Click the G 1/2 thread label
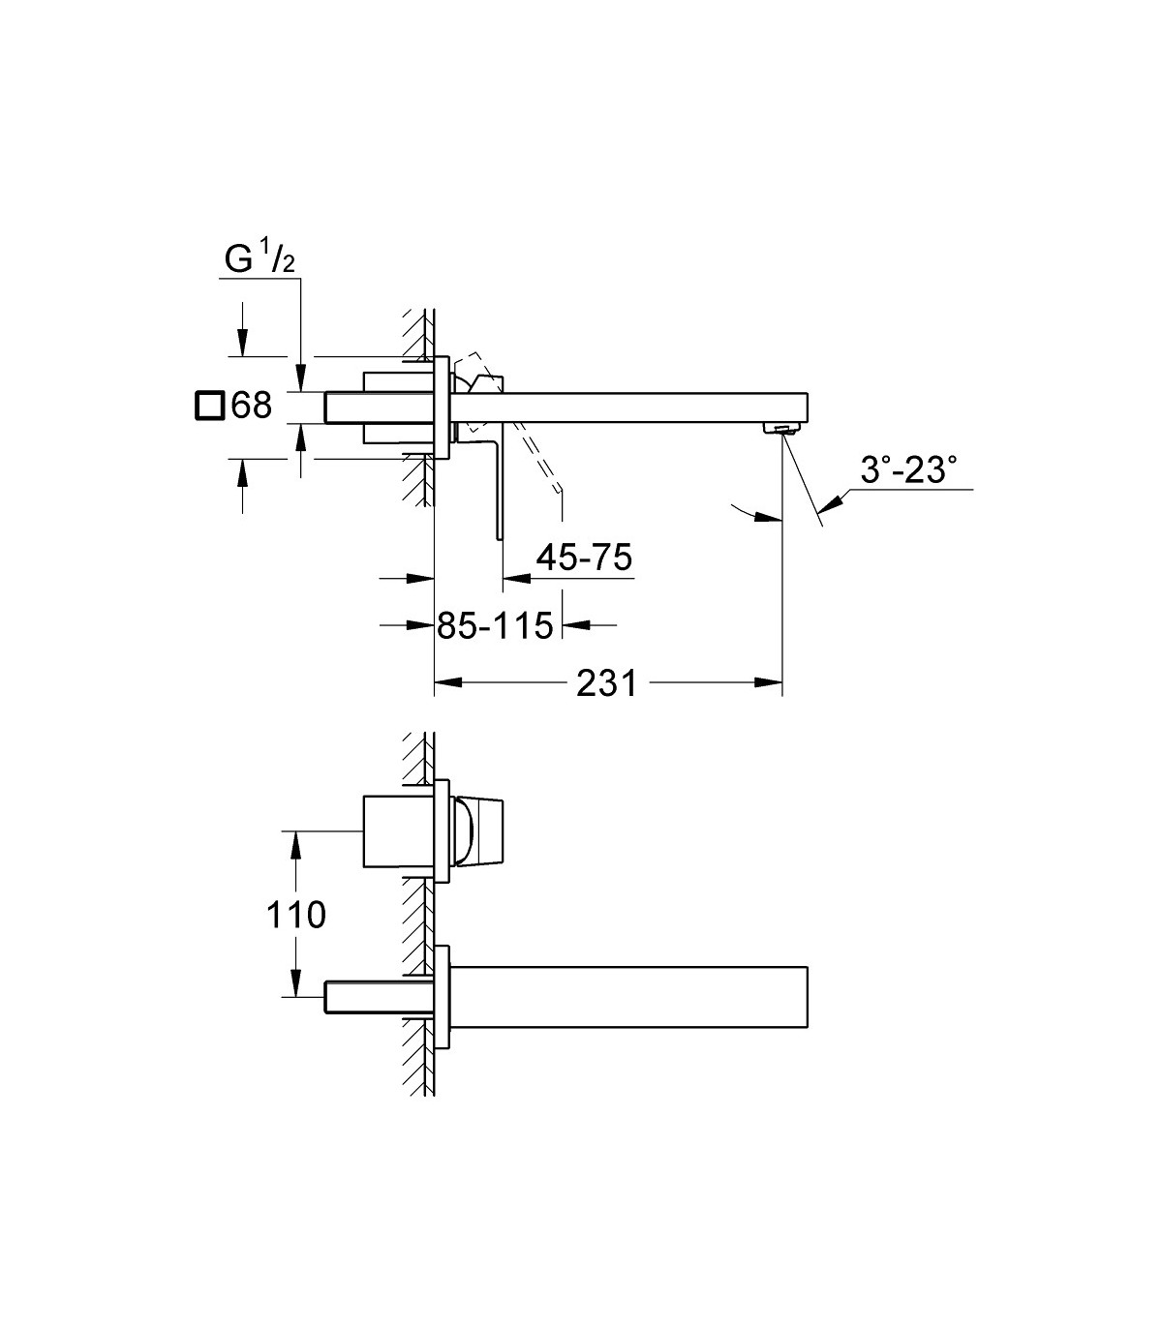tap(260, 258)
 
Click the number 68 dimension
tap(251, 405)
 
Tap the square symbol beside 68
tap(210, 406)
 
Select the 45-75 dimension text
tap(584, 558)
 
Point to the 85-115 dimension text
tap(495, 625)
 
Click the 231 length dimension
tap(607, 682)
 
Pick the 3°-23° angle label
tap(908, 469)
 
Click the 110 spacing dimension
tap(296, 915)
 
